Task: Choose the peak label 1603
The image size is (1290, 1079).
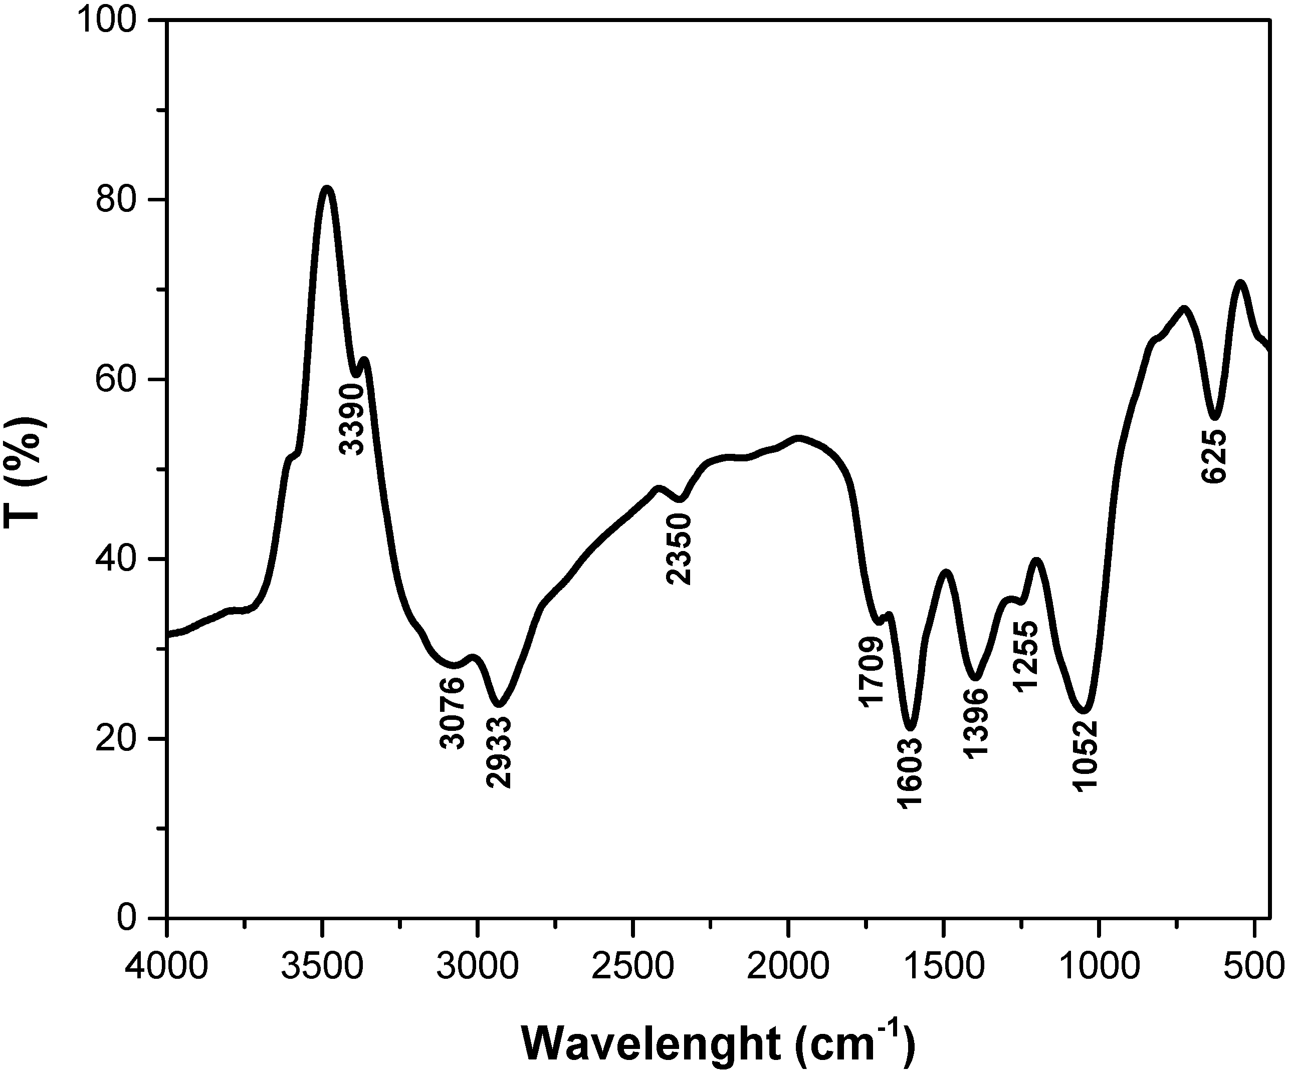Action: tap(910, 772)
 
